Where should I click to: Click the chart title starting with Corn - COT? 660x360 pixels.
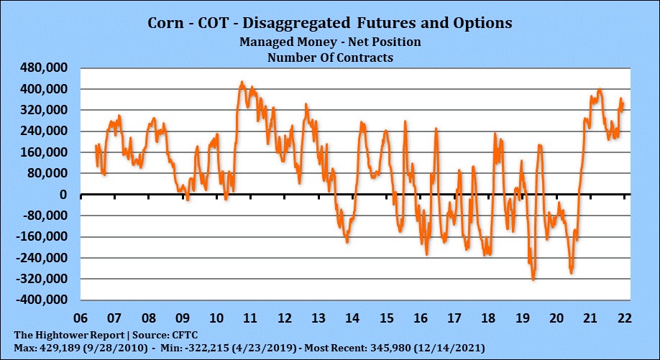click(x=329, y=23)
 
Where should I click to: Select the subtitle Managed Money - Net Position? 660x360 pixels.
click(x=329, y=42)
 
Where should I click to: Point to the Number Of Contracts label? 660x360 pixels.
click(x=329, y=57)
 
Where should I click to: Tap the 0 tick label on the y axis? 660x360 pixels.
click(x=63, y=195)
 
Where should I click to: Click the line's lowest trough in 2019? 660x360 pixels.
click(x=533, y=280)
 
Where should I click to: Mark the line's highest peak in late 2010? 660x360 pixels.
click(x=242, y=82)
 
